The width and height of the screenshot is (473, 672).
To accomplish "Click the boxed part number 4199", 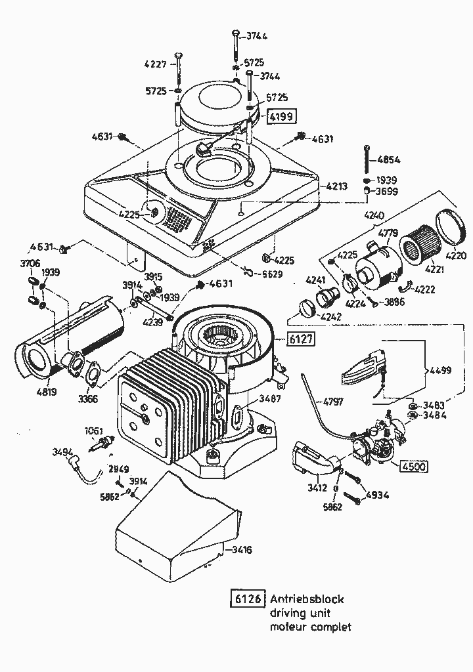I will point(280,117).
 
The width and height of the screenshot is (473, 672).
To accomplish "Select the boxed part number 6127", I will point(299,339).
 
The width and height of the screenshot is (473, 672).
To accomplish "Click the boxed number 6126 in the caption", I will point(247,599).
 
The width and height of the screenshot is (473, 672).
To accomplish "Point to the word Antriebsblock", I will point(307,599).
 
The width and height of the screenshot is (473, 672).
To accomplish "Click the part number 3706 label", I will point(30,263).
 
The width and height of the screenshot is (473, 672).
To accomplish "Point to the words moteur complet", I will point(310,627).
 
